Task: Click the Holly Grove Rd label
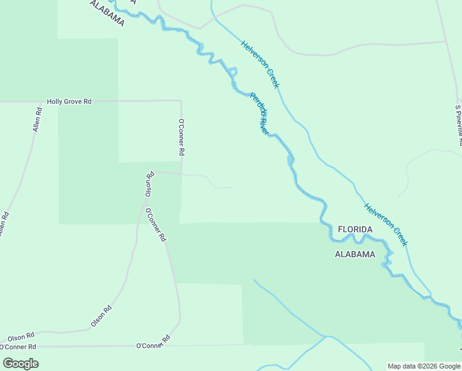69,101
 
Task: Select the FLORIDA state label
355,229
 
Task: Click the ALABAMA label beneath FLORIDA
355,254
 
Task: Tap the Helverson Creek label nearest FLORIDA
386,224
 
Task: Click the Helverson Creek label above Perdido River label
260,64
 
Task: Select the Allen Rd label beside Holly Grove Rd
37,119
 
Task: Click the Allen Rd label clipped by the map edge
4,224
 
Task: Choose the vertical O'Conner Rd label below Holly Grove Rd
182,137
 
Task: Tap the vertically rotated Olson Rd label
149,185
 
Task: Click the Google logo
20,363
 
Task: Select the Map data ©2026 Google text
423,366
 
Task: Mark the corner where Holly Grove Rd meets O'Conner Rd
180,100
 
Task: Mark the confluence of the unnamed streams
327,337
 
